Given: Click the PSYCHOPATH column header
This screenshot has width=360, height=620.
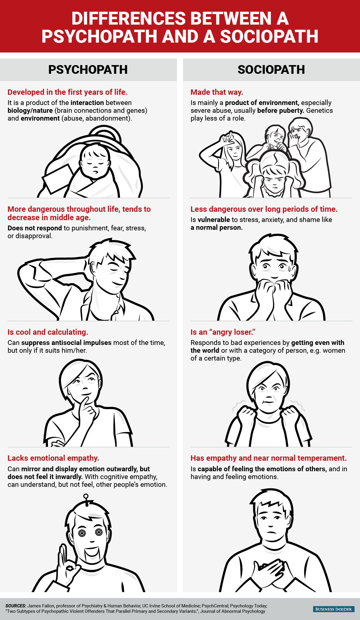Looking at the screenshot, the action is click(88, 70).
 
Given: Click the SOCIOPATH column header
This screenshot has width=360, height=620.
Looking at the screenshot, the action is click(271, 70).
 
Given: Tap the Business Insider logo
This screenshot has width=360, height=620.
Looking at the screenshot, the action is click(334, 609).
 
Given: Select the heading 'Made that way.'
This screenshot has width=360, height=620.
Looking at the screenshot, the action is click(217, 92).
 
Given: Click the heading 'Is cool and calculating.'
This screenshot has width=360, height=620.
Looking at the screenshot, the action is click(48, 332).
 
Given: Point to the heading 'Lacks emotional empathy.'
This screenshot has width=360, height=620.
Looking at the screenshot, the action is click(53, 458).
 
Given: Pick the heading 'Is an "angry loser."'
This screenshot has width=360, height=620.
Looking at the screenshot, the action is click(223, 332).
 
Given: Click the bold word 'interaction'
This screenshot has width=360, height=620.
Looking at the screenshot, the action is click(87, 103).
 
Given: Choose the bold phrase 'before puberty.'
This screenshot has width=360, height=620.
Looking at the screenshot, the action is click(280, 110).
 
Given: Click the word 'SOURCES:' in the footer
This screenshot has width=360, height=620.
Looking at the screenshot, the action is click(16, 606).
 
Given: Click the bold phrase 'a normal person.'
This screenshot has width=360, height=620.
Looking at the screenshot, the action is click(217, 227).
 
